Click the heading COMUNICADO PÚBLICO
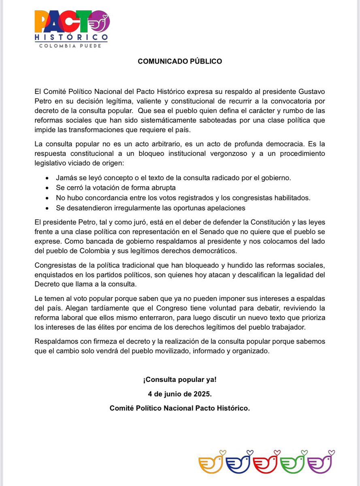pos(180,62)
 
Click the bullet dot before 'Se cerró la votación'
pos(48,188)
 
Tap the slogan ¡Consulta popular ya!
pos(180,380)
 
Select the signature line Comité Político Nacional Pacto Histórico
pos(180,408)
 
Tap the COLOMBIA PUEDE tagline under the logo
pos(70,46)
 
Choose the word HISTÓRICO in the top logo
pos(71,37)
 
